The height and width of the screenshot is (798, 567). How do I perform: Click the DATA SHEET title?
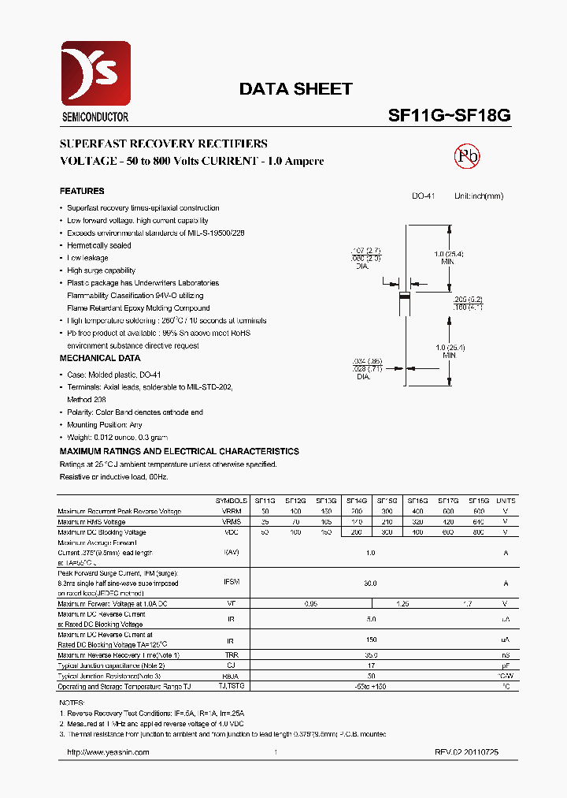[295, 89]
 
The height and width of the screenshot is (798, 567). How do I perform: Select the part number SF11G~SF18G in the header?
[450, 115]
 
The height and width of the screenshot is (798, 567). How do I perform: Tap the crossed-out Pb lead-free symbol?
[467, 156]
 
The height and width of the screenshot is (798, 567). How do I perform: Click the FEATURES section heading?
[82, 191]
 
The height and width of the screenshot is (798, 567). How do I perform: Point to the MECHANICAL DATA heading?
[100, 358]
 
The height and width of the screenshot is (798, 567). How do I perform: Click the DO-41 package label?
[423, 196]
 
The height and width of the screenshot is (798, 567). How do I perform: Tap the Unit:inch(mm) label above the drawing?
[478, 196]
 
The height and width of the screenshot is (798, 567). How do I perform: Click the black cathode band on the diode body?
[405, 296]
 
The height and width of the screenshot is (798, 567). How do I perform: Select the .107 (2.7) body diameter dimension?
[366, 252]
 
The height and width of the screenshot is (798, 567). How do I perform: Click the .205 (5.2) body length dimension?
[467, 300]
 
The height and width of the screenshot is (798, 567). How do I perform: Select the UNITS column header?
[506, 501]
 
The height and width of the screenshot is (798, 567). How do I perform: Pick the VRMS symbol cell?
[231, 522]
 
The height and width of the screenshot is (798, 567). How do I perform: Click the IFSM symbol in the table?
[231, 582]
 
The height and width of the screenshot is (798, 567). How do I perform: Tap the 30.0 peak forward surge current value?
[370, 583]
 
